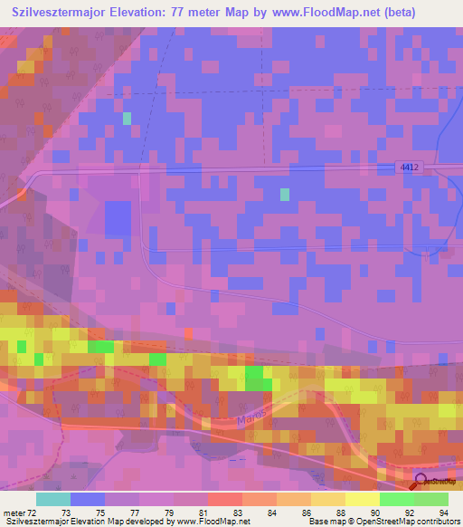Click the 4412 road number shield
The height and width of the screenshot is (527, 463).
(x=411, y=168)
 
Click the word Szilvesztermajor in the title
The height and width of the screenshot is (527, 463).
(x=65, y=14)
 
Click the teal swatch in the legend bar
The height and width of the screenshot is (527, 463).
(x=53, y=499)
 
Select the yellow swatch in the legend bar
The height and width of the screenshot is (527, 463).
(x=363, y=499)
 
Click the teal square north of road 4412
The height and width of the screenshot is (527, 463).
(x=128, y=119)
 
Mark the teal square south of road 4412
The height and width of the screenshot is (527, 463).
(x=285, y=194)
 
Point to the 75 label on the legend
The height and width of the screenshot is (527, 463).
(x=88, y=512)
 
